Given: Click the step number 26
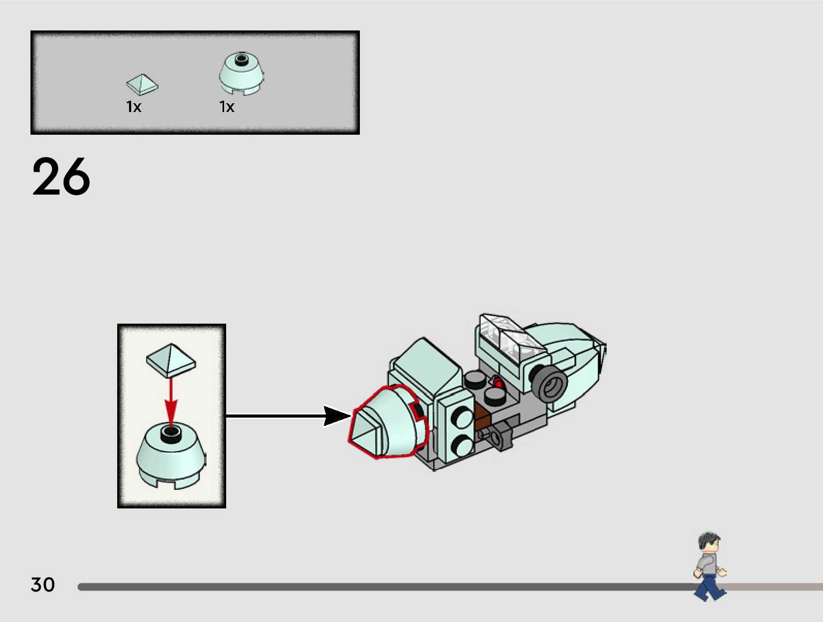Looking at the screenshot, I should [61, 177].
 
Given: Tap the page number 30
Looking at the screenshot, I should [43, 585].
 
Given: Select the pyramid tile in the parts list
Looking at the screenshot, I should [142, 84].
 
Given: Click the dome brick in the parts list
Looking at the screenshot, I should [241, 73].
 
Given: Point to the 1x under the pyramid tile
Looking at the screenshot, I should [134, 107].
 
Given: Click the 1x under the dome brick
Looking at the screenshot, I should [227, 107].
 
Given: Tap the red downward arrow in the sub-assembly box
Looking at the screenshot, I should [171, 403].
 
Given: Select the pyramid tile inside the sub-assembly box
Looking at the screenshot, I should [171, 360].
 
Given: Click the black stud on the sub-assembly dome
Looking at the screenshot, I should [171, 434].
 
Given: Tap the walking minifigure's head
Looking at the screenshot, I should [709, 543].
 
